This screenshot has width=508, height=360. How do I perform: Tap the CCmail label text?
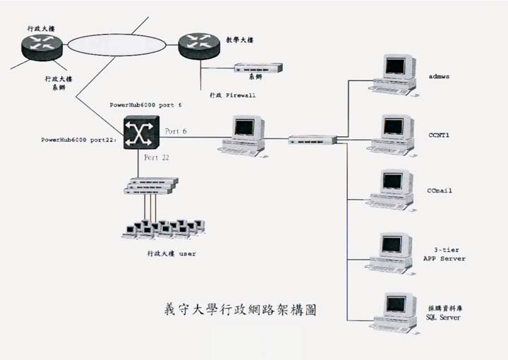pos(439,191)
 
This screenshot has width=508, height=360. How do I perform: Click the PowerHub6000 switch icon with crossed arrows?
pos(141,132)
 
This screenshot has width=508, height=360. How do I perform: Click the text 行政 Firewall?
pos(232,94)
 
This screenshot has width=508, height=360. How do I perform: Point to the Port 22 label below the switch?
pos(157,157)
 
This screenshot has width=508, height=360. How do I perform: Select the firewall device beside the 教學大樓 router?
pos(258,68)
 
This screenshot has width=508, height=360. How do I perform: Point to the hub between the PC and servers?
pos(313,140)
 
